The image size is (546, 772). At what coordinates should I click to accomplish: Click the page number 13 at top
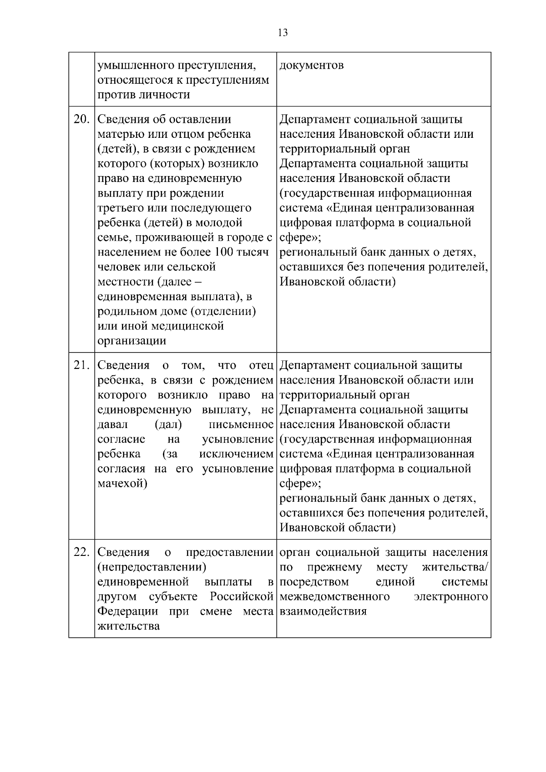[x=282, y=33]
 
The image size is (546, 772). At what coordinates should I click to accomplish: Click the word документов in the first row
[x=312, y=66]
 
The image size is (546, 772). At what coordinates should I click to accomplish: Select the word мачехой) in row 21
[x=122, y=483]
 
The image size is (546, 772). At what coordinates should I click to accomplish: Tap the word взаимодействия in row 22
[x=323, y=611]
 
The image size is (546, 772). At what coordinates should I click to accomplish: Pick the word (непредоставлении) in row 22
[x=152, y=567]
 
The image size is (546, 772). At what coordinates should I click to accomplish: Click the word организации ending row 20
[x=132, y=341]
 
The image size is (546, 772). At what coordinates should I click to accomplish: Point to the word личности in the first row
[x=164, y=95]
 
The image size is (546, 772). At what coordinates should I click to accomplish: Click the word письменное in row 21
[x=241, y=424]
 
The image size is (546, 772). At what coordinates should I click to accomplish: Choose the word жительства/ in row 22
[x=455, y=567]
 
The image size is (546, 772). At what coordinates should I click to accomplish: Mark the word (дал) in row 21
[x=168, y=424]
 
